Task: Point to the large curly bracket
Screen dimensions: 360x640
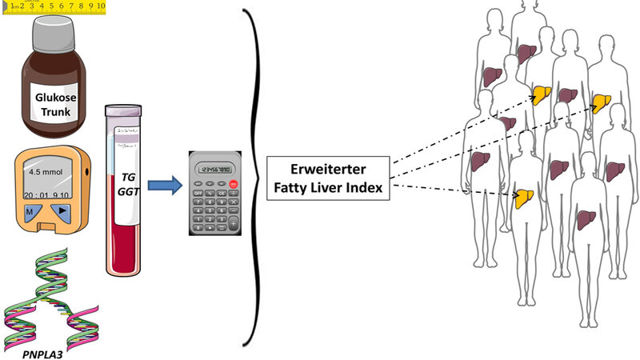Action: pyautogui.click(x=257, y=180)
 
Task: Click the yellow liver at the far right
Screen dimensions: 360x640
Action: pyautogui.click(x=601, y=102)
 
